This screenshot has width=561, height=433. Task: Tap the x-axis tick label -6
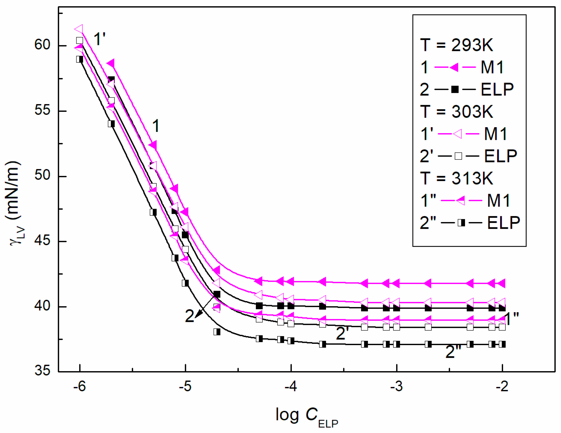pyautogui.click(x=79, y=386)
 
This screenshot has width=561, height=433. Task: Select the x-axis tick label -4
pyautogui.click(x=290, y=386)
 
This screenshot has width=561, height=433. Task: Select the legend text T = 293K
pyautogui.click(x=457, y=45)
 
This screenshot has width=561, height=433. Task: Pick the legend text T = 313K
pyautogui.click(x=457, y=178)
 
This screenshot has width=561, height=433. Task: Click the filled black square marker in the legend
pyautogui.click(x=455, y=89)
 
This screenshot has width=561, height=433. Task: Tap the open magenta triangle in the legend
pyautogui.click(x=458, y=134)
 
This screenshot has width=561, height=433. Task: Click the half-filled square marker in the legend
pyautogui.click(x=461, y=223)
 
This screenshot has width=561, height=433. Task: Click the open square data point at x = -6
pyautogui.click(x=80, y=40)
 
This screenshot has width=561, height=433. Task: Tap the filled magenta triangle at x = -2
pyautogui.click(x=501, y=283)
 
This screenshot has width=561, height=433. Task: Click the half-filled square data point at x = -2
pyautogui.click(x=502, y=344)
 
